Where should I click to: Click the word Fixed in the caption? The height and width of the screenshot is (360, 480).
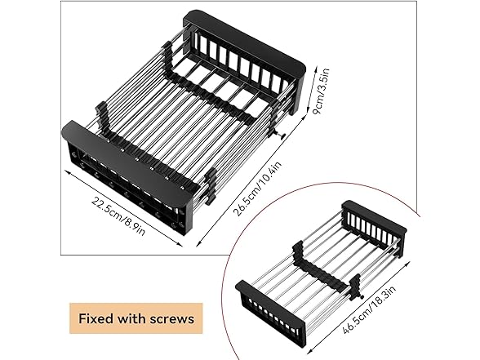point(97,317)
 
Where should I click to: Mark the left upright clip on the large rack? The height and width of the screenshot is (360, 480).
point(100,115)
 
